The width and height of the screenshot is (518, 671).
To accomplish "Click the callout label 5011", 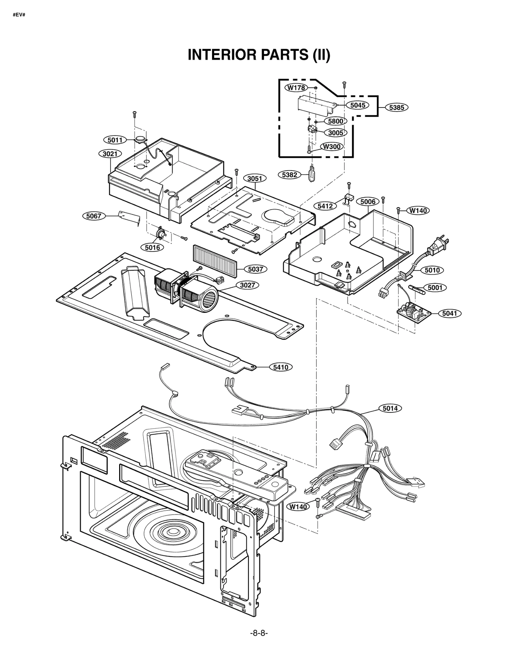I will (115, 140).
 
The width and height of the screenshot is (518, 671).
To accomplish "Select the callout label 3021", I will (110, 153).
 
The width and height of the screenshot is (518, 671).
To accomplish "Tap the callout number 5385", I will (397, 107).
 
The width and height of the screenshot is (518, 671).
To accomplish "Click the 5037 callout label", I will (255, 269).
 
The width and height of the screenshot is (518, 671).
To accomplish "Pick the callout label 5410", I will (281, 367).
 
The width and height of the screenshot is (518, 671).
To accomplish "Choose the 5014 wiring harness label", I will (390, 408).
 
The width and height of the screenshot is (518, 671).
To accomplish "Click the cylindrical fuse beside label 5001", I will (416, 288).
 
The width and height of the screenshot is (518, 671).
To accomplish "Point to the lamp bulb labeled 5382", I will (312, 174).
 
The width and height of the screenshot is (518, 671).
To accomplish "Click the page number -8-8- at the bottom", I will (259, 633).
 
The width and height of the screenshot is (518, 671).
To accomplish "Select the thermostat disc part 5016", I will (160, 233).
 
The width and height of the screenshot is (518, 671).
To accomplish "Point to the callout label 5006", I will (368, 202).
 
